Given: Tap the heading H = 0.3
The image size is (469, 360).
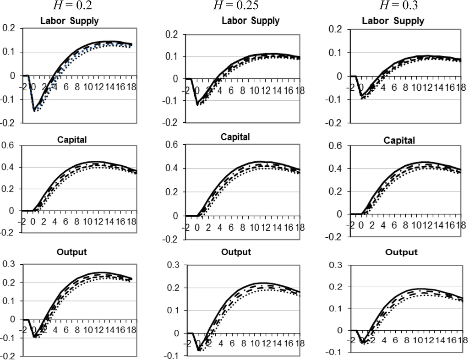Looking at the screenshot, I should click(x=393, y=5).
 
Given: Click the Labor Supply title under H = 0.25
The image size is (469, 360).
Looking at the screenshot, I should click(x=251, y=21).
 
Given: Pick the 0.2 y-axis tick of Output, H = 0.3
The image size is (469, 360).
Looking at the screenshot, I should click(x=336, y=287).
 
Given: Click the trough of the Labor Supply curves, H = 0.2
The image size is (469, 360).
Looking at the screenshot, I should click(x=34, y=110).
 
